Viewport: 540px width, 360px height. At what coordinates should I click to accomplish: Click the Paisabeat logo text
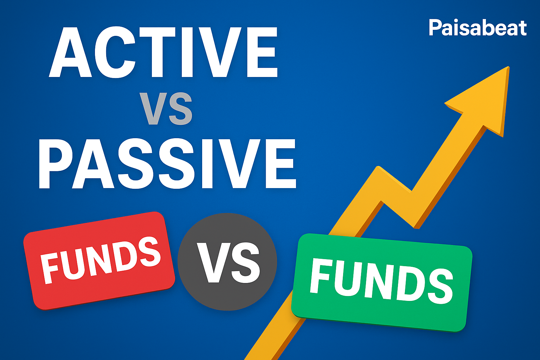477,28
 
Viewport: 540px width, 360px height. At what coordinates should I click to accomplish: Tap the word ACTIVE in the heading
163,52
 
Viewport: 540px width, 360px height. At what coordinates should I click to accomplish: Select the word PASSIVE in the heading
167,163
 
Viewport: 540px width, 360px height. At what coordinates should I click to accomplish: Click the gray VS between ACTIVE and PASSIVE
166,109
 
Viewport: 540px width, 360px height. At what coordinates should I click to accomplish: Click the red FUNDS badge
99,261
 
